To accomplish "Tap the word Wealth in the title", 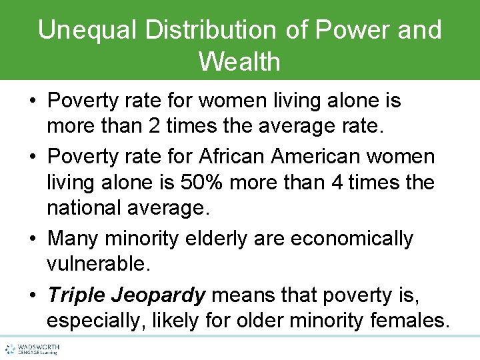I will (x=239, y=61).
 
